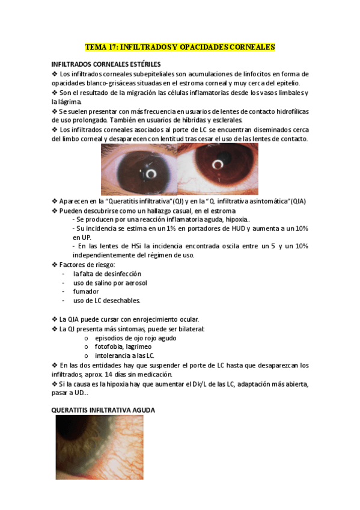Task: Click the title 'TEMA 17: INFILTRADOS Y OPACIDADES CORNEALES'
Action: click(x=180, y=46)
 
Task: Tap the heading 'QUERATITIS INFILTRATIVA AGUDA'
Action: click(x=103, y=410)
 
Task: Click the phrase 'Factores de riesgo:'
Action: click(x=87, y=265)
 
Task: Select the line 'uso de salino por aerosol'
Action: click(x=110, y=283)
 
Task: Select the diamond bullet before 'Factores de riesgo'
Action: click(x=55, y=265)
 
